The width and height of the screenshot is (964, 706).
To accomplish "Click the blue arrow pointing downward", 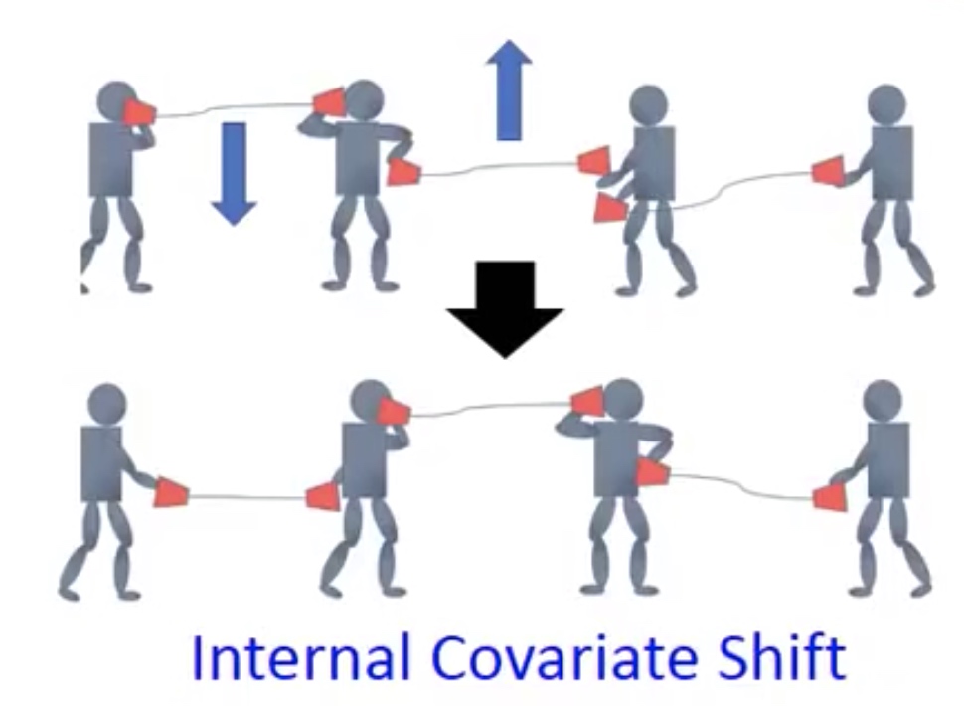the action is pyautogui.click(x=234, y=173).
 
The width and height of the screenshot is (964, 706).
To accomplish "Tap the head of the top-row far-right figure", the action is pyautogui.click(x=886, y=104).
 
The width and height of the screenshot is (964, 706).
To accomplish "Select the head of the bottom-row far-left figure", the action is pyautogui.click(x=107, y=404).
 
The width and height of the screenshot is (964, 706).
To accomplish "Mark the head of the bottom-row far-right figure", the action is pyautogui.click(x=883, y=400).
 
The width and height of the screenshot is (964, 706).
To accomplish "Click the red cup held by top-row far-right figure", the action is pyautogui.click(x=828, y=170).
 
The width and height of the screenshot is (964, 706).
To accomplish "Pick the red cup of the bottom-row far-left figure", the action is pyautogui.click(x=171, y=492).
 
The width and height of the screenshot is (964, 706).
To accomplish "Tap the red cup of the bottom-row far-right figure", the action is pyautogui.click(x=830, y=497).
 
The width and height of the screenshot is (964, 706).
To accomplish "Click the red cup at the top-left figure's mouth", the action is pyautogui.click(x=139, y=112).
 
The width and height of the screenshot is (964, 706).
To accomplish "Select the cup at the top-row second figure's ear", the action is pyautogui.click(x=330, y=101).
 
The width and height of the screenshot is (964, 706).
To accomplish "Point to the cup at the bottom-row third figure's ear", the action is pyautogui.click(x=588, y=400).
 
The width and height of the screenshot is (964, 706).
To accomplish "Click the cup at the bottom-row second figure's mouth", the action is pyautogui.click(x=393, y=411).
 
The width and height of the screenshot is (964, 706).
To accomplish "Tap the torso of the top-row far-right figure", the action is pyautogui.click(x=892, y=163).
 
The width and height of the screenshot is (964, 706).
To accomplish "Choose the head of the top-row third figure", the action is pyautogui.click(x=649, y=105).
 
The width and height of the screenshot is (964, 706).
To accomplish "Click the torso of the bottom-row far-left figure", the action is pyautogui.click(x=101, y=463).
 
